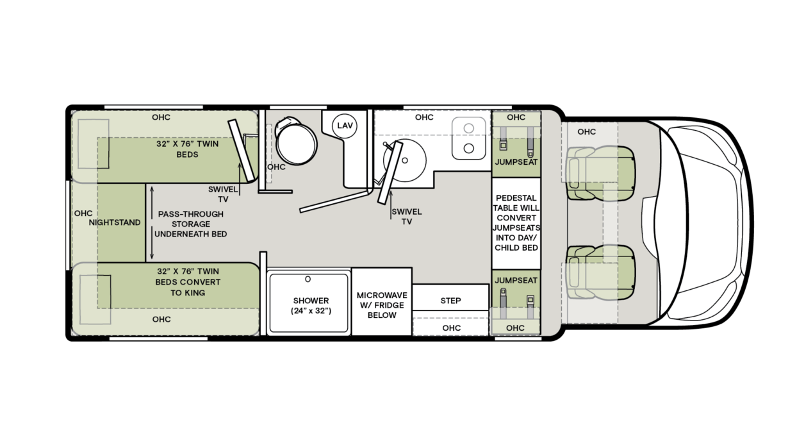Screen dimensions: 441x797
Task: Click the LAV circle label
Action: pyautogui.click(x=345, y=126)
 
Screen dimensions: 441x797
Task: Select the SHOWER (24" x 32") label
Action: pyautogui.click(x=311, y=306)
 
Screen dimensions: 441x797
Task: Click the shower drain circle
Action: pyautogui.click(x=308, y=279)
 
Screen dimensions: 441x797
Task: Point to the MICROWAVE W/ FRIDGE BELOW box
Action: pyautogui.click(x=381, y=305)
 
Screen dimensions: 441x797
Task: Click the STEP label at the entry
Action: pyautogui.click(x=450, y=301)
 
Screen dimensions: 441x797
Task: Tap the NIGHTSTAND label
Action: pyautogui.click(x=115, y=222)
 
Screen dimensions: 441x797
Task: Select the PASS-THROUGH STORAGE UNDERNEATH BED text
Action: pyautogui.click(x=190, y=224)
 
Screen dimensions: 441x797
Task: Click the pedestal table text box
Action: pyautogui.click(x=516, y=222)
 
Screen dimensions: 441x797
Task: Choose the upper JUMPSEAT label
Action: pyautogui.click(x=516, y=163)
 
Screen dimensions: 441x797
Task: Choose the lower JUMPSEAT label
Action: pyautogui.click(x=516, y=281)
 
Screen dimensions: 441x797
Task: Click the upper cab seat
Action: pyautogui.click(x=600, y=172)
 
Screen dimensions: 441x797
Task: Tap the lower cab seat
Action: pyautogui.click(x=600, y=272)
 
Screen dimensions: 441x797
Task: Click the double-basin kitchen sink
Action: pyautogui.click(x=469, y=138)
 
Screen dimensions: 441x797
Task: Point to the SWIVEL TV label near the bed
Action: pyautogui.click(x=222, y=194)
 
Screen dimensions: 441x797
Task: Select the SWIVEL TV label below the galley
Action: pyautogui.click(x=406, y=217)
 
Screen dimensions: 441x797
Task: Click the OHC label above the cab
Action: pyautogui.click(x=586, y=132)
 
